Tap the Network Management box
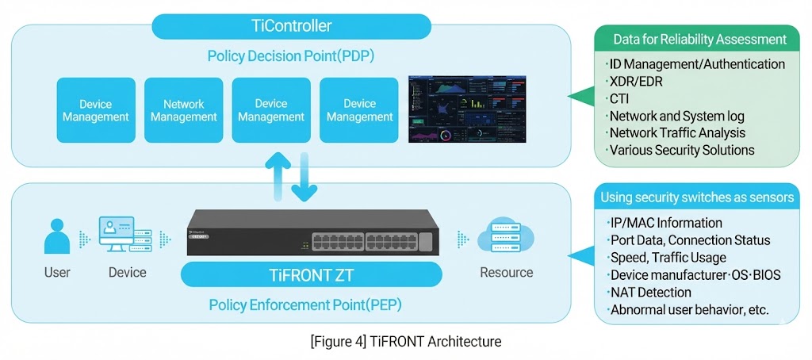click(x=183, y=110)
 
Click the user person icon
click(x=57, y=236)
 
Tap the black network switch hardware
click(x=313, y=235)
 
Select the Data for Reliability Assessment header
click(x=700, y=39)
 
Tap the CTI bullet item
click(x=621, y=98)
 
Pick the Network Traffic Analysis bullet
click(x=677, y=132)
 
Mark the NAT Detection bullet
click(x=651, y=292)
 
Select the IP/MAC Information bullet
click(x=666, y=223)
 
